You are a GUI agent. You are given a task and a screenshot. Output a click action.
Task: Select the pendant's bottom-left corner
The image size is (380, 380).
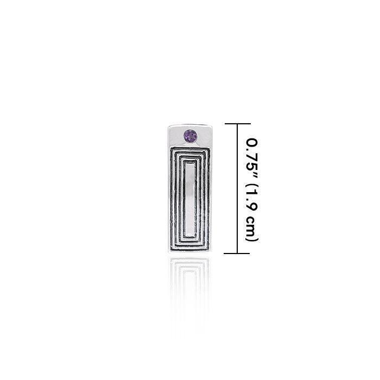click(x=169, y=252)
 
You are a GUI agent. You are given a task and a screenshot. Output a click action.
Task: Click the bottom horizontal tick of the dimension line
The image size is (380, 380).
click(x=237, y=252)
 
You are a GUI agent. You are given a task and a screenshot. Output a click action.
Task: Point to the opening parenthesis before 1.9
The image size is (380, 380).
click(x=253, y=188)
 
